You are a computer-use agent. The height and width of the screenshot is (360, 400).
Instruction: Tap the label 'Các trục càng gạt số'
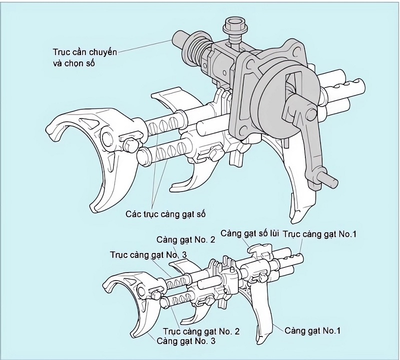pyautogui.click(x=165, y=214)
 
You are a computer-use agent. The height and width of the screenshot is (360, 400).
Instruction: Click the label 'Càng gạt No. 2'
pyautogui.click(x=185, y=240)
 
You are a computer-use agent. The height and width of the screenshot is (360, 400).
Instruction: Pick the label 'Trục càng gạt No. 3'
pyautogui.click(x=148, y=255)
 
